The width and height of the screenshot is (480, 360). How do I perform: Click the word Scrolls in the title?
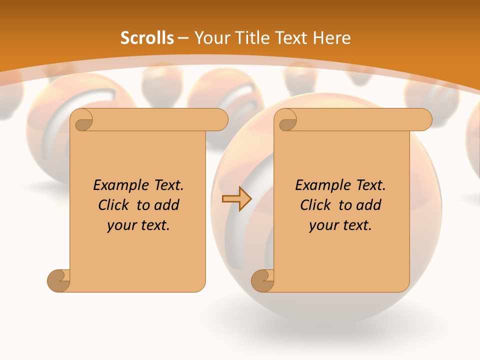pyautogui.click(x=147, y=38)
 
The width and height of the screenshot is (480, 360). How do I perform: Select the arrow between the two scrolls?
pyautogui.click(x=236, y=199)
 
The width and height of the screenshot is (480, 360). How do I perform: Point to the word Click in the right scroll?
pyautogui.click(x=315, y=205)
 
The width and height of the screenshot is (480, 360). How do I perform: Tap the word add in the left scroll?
pyautogui.click(x=168, y=205)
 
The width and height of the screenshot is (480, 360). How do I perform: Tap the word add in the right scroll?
pyautogui.click(x=370, y=205)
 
